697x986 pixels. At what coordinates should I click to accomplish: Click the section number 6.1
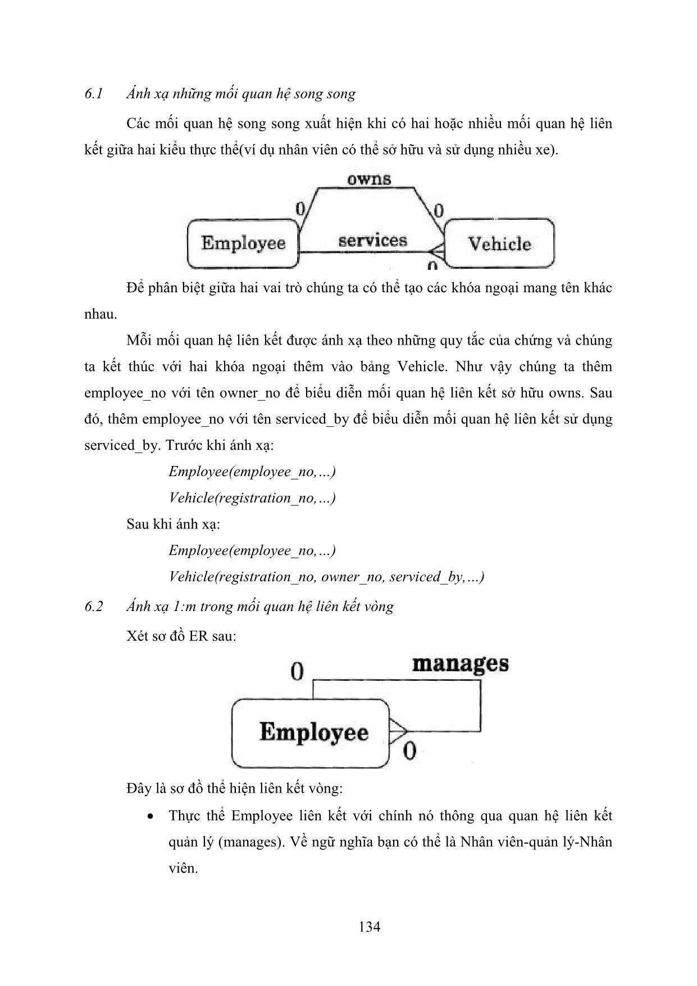[93, 94]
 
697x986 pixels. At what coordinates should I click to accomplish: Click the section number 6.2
[93, 607]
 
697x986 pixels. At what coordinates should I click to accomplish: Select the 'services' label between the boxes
[372, 241]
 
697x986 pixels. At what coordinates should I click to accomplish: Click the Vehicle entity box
[499, 243]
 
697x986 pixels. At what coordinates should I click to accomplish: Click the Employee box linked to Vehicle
[243, 243]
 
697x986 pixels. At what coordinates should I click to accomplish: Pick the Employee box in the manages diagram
[311, 732]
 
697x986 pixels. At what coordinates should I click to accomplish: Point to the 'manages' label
[460, 663]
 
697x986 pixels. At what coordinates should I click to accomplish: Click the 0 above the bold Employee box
[297, 671]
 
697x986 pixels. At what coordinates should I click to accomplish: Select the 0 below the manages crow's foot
[409, 751]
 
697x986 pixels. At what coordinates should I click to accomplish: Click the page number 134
[369, 927]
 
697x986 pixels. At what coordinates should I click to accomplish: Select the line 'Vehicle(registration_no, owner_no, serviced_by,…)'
[326, 577]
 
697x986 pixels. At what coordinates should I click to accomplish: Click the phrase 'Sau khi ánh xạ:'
[173, 524]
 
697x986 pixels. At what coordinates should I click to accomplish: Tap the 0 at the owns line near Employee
[300, 209]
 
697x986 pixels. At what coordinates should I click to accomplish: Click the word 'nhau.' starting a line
[101, 314]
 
